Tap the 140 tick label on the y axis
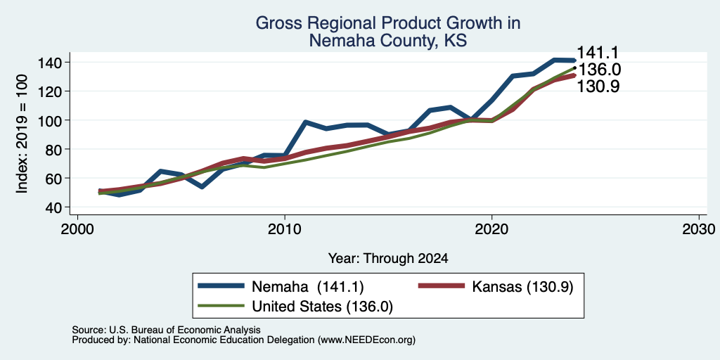pos(51,63)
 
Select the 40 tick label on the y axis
pos(56,207)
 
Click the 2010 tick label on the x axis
pos(285,229)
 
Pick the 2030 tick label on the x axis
pos(699,229)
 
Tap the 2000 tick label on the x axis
pos(77,229)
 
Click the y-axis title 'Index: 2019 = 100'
pos(22,134)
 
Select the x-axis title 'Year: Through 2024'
pos(388,259)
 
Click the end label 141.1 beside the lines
pos(598,53)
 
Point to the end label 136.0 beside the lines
pos(599,70)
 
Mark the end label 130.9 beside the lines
pos(598,86)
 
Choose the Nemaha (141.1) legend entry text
pos(308,287)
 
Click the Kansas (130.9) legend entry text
pos(522,287)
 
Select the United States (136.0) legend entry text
pos(322,307)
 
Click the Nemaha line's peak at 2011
pos(305,122)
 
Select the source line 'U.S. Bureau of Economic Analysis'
pos(185,330)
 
